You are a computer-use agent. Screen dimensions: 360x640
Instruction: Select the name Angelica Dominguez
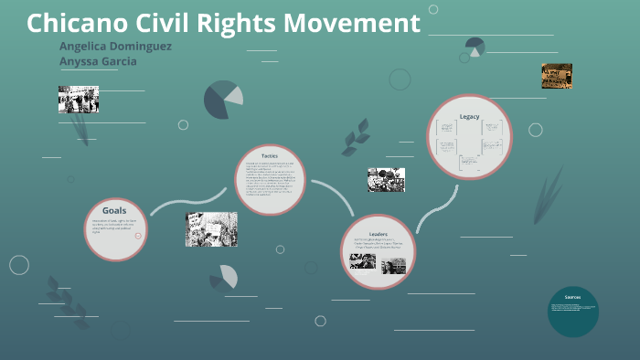114,46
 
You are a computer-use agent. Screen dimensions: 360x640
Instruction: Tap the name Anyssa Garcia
98,61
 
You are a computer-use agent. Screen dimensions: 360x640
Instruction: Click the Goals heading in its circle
114,210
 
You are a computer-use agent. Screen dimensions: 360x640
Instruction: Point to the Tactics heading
269,155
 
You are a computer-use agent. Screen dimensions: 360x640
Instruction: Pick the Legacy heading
469,116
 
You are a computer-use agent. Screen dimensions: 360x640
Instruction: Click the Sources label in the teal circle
572,298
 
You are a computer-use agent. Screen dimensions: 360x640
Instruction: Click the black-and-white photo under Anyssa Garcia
78,99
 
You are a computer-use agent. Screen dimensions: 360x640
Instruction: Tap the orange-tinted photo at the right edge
556,76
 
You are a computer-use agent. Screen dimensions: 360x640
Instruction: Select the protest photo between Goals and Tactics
211,228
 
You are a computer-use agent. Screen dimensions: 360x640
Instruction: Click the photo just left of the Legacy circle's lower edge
386,179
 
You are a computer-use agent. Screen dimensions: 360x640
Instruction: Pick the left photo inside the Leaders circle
363,262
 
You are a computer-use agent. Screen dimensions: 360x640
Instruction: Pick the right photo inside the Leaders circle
393,266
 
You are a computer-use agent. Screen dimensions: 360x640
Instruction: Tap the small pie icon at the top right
475,46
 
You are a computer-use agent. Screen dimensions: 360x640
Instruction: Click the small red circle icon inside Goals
138,235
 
